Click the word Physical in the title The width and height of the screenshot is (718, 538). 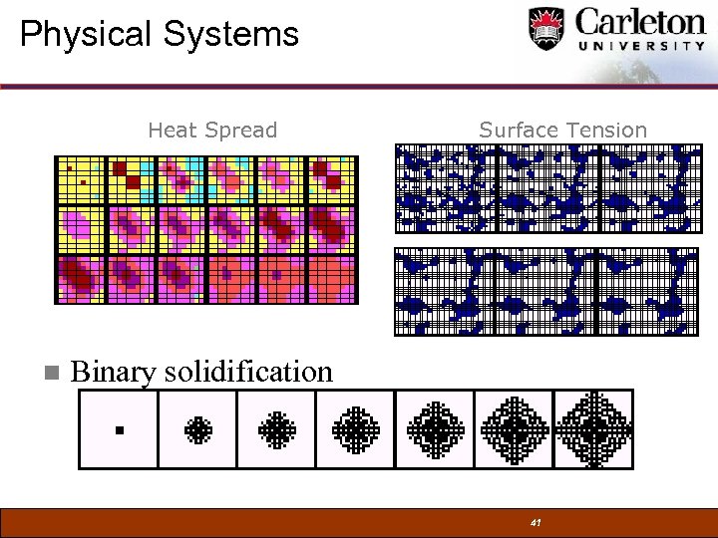click(86, 35)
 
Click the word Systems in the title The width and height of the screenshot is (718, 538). click(231, 35)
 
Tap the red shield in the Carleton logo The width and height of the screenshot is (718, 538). click(545, 28)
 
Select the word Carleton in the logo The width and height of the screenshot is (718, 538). click(639, 22)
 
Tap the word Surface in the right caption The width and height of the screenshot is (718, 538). click(519, 130)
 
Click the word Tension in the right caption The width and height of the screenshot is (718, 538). click(605, 130)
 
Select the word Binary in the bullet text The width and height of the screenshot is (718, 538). click(114, 373)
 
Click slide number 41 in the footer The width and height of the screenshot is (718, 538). click(536, 522)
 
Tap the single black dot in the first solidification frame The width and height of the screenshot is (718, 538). click(119, 430)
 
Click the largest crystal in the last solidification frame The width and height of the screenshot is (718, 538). click(594, 429)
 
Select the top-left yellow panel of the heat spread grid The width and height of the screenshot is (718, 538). click(81, 180)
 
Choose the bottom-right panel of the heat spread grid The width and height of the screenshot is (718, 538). click(332, 279)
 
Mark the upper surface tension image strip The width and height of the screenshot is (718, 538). click(548, 187)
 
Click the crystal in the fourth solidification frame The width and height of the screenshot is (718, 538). click(356, 429)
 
